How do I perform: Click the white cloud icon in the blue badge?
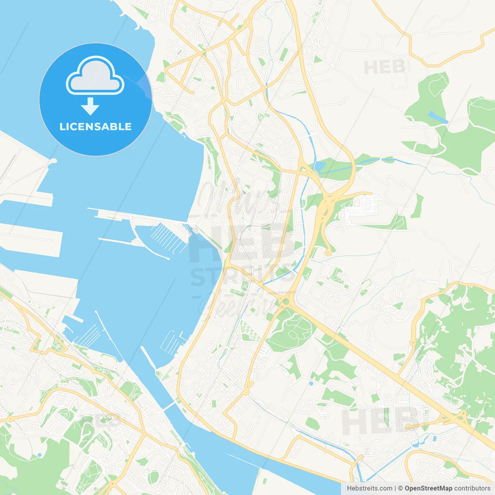(95, 76)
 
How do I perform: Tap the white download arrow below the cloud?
(90, 106)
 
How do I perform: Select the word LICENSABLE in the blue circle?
(96, 126)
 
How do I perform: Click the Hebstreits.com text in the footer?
(369, 488)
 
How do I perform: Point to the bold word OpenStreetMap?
(428, 488)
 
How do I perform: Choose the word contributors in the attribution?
(472, 488)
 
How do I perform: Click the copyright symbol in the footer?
(400, 488)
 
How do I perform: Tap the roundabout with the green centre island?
(286, 302)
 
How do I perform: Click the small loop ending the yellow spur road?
(328, 253)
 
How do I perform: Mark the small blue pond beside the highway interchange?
(320, 166)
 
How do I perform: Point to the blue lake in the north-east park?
(438, 117)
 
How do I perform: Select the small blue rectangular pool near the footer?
(435, 439)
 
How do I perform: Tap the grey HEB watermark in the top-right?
(384, 68)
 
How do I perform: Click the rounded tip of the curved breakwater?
(168, 258)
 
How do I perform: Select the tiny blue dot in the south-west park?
(39, 455)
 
